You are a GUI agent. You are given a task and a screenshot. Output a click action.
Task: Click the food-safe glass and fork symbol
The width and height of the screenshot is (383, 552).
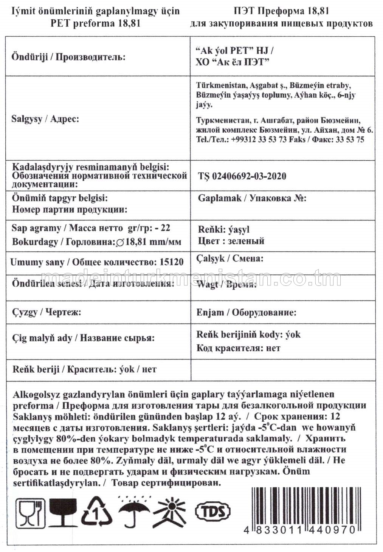30,512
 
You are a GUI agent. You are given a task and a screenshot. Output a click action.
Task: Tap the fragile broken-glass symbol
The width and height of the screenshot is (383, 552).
63,512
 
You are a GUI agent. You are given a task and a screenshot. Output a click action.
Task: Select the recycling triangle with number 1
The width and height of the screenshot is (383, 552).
97,512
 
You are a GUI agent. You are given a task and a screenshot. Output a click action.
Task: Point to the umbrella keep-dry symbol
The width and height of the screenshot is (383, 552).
134,512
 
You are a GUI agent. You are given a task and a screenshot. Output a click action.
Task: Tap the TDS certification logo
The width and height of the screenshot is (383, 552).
212,512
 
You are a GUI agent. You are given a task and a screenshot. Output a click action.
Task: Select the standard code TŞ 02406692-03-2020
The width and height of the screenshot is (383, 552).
242,176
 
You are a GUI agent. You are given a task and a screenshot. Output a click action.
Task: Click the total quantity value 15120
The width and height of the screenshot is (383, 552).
172,262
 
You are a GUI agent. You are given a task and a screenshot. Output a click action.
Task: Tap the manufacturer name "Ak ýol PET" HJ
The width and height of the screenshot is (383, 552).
235,51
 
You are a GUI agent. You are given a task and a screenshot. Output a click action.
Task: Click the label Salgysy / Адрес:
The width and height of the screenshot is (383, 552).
45,119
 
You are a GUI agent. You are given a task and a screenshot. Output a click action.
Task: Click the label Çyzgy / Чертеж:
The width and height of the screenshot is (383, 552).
47,312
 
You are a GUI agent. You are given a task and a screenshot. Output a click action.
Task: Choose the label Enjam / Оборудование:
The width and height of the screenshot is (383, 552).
246,312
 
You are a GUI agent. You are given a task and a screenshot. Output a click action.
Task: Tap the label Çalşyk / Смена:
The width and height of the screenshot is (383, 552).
229,259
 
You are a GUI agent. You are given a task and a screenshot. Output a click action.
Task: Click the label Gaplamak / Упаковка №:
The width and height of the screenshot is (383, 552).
252,198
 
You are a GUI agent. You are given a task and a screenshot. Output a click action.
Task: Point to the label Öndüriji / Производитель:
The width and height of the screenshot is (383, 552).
68,57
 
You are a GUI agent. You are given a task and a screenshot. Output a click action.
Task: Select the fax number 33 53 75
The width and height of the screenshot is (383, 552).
350,140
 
